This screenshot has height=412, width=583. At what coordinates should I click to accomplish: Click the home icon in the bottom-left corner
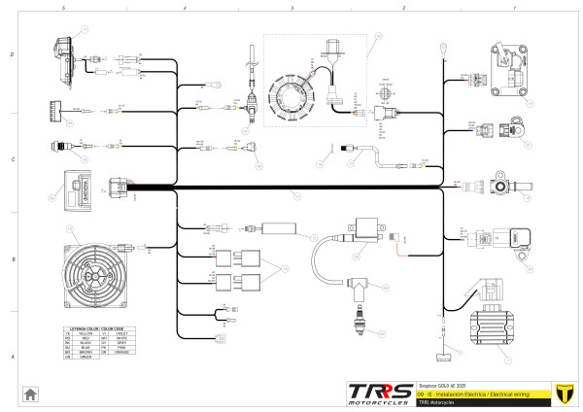[x=31, y=394]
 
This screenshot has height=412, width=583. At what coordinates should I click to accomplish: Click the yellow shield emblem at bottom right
[x=562, y=394]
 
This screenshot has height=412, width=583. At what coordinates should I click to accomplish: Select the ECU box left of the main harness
[x=78, y=185]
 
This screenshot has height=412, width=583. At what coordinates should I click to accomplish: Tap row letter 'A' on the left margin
[x=11, y=358]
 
